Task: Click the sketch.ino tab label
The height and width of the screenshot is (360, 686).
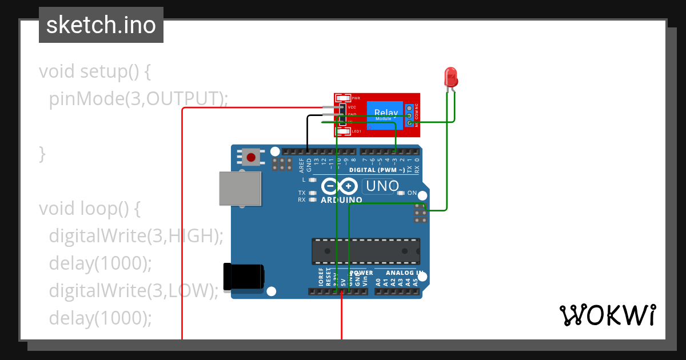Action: [101, 25]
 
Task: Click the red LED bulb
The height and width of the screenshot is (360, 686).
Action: [450, 77]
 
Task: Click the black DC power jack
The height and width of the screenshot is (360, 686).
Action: [244, 277]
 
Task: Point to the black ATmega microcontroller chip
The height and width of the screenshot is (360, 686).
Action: [365, 251]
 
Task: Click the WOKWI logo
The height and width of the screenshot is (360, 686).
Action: [607, 315]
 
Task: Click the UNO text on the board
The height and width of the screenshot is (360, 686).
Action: [382, 186]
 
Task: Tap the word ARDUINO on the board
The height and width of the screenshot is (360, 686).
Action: [341, 200]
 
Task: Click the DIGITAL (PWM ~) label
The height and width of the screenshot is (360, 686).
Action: [377, 170]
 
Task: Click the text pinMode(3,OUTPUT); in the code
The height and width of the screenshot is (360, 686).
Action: [138, 99]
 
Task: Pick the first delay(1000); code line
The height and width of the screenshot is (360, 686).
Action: [101, 263]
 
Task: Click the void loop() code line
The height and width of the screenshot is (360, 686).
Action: [89, 209]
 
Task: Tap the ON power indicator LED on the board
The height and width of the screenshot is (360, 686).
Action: [401, 193]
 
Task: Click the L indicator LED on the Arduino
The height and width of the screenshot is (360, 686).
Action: [312, 179]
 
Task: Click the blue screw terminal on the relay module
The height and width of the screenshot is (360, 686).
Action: [410, 115]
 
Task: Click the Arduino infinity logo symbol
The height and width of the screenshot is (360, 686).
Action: [339, 186]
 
